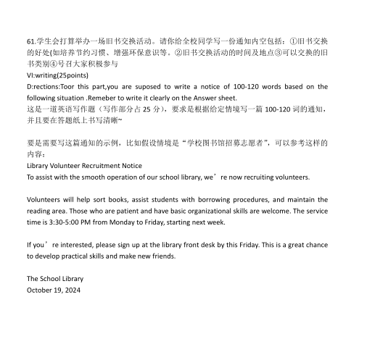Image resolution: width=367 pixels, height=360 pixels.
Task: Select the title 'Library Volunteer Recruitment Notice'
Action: point(84,165)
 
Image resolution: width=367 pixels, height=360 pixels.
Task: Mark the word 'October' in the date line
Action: point(41,290)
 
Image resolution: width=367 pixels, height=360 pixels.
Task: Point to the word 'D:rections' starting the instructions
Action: point(45,87)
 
